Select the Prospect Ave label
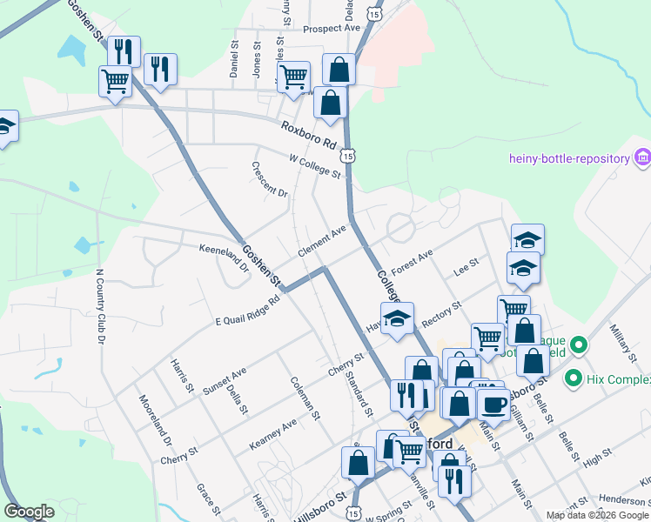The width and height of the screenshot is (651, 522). [x=332, y=29]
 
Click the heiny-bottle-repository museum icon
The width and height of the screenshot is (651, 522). [x=643, y=157]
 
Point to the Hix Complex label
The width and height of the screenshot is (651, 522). [x=620, y=379]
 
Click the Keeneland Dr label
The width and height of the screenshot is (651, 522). [x=224, y=258]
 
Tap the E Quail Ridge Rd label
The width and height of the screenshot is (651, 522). [x=248, y=311]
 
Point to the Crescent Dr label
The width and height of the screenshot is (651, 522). [x=270, y=178]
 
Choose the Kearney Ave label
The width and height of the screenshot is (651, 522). [x=272, y=432]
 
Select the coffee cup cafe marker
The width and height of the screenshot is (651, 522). [x=494, y=405]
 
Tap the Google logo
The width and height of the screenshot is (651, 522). [x=30, y=512]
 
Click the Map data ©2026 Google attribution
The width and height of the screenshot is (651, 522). [x=597, y=515]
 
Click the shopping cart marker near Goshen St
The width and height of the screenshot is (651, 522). [x=116, y=84]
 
